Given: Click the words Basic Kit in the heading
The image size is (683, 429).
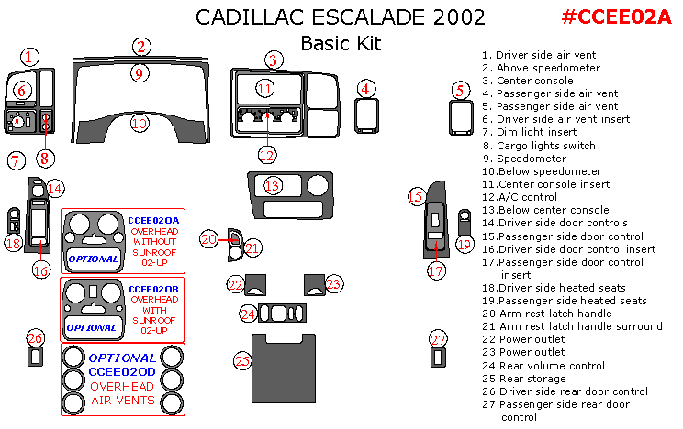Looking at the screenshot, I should pyautogui.click(x=341, y=43).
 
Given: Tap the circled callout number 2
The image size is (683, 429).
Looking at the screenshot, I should pyautogui.click(x=140, y=47).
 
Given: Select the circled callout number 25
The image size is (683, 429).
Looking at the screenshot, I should pyautogui.click(x=242, y=361).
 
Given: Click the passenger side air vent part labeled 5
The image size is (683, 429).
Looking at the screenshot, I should pyautogui.click(x=460, y=116).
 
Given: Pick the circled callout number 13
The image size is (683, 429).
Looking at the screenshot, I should pyautogui.click(x=272, y=186).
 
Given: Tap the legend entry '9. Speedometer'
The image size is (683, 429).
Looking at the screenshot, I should pyautogui.click(x=523, y=158).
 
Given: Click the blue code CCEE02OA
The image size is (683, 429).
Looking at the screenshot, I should pyautogui.click(x=153, y=220).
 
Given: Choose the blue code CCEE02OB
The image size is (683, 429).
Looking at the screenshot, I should pyautogui.click(x=153, y=288).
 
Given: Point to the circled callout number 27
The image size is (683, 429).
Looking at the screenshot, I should pyautogui.click(x=438, y=339).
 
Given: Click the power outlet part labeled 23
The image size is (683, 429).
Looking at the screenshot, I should pyautogui.click(x=314, y=285).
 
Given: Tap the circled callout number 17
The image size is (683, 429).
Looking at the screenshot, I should pyautogui.click(x=436, y=270).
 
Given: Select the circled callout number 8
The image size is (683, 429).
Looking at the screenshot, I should pyautogui.click(x=46, y=156).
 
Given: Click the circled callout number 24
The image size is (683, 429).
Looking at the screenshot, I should pyautogui.click(x=247, y=313).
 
